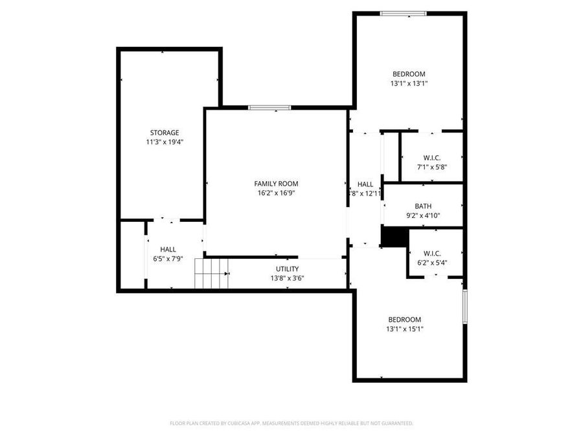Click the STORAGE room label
(165, 132)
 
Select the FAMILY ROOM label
(276, 184)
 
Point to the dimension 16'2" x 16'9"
(276, 193)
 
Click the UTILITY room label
(287, 269)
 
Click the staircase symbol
(212, 273)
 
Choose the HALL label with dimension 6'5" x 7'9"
(168, 249)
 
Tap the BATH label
(423, 206)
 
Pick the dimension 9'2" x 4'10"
(423, 215)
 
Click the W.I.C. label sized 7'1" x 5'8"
(432, 158)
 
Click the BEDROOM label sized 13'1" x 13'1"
(409, 74)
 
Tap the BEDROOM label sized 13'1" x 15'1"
(404, 319)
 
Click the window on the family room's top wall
(269, 108)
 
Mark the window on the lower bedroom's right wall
(464, 306)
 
